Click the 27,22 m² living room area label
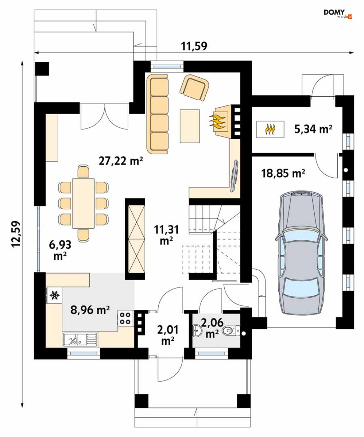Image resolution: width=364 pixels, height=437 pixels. [x=121, y=160]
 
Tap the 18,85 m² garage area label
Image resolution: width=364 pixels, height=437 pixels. [x=283, y=173]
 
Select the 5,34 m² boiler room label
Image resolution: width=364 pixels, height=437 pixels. [x=313, y=129]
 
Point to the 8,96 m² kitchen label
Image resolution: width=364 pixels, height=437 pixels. [x=90, y=310]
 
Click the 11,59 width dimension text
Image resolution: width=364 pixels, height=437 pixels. [x=194, y=46]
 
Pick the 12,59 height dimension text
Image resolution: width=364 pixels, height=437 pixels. [x=16, y=234]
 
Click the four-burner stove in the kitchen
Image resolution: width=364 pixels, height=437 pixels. [x=125, y=318]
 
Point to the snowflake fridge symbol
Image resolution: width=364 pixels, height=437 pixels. [x=54, y=295]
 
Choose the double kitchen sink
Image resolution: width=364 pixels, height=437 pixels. [x=80, y=340]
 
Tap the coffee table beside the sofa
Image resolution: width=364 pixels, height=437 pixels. [x=190, y=126]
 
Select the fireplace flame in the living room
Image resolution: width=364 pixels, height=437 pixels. [x=218, y=122]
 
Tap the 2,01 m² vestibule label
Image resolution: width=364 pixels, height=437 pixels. [x=168, y=335]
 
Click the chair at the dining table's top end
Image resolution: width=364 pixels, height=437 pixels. [x=83, y=172]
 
